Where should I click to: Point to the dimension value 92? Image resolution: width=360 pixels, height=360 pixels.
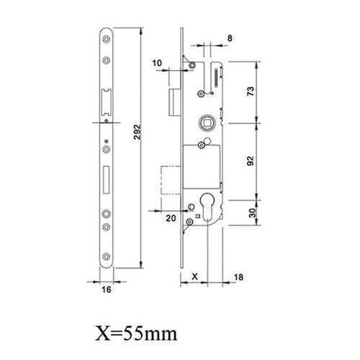(270, 161)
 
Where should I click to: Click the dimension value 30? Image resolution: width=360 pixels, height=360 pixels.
(270, 214)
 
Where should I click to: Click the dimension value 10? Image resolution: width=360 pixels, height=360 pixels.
(158, 62)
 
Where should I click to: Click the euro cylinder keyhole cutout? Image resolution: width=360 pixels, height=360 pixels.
(208, 208)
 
